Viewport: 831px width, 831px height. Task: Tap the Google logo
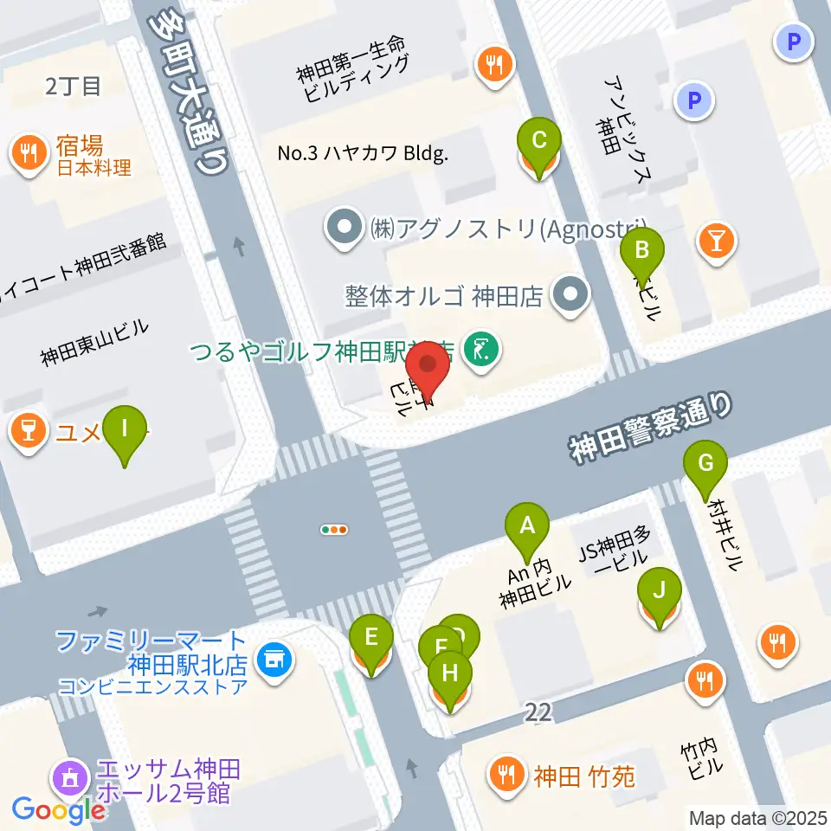58,810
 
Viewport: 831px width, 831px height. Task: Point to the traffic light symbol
334,530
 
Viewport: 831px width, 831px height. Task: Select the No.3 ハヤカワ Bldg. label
363,154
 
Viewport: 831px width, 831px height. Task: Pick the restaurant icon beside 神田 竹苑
506,772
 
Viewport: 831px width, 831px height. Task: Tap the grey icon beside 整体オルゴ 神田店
570,296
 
